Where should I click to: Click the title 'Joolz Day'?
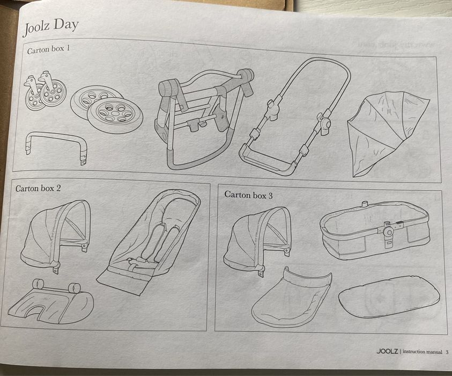click(x=51, y=25)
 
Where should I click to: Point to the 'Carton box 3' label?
click(x=248, y=196)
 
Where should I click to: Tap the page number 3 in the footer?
click(x=447, y=352)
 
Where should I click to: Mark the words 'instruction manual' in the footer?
click(x=422, y=352)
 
